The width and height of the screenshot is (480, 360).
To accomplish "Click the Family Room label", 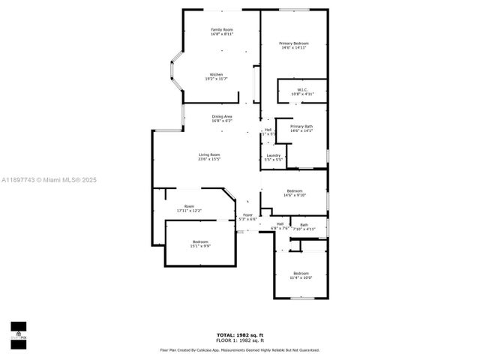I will coord(221,29).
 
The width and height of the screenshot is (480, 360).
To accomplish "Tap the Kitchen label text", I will coord(216,74).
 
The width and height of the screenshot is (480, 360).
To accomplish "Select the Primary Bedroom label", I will coord(294,43).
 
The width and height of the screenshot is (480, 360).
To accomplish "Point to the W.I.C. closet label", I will coord(302,90).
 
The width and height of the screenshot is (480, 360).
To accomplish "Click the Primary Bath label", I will coord(301,126).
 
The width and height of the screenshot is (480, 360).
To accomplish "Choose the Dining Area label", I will coord(221,116).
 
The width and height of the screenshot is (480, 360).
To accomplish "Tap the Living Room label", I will coord(209,154).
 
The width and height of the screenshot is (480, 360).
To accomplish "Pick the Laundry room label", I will coord(274,156).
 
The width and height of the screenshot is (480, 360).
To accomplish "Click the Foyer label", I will coord(248,215).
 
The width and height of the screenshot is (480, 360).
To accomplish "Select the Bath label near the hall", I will coord(304,224).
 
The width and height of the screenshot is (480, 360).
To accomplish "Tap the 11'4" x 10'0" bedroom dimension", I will coord(301,277).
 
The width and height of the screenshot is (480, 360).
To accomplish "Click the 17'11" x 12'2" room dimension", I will coord(190,211).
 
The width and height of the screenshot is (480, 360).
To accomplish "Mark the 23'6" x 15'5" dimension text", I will coord(209,159).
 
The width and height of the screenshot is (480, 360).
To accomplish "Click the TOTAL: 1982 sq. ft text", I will coord(240,334).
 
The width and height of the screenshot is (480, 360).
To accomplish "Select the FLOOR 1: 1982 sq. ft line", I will coord(240,340).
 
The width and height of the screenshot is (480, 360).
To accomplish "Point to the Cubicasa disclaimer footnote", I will coord(240,349).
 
